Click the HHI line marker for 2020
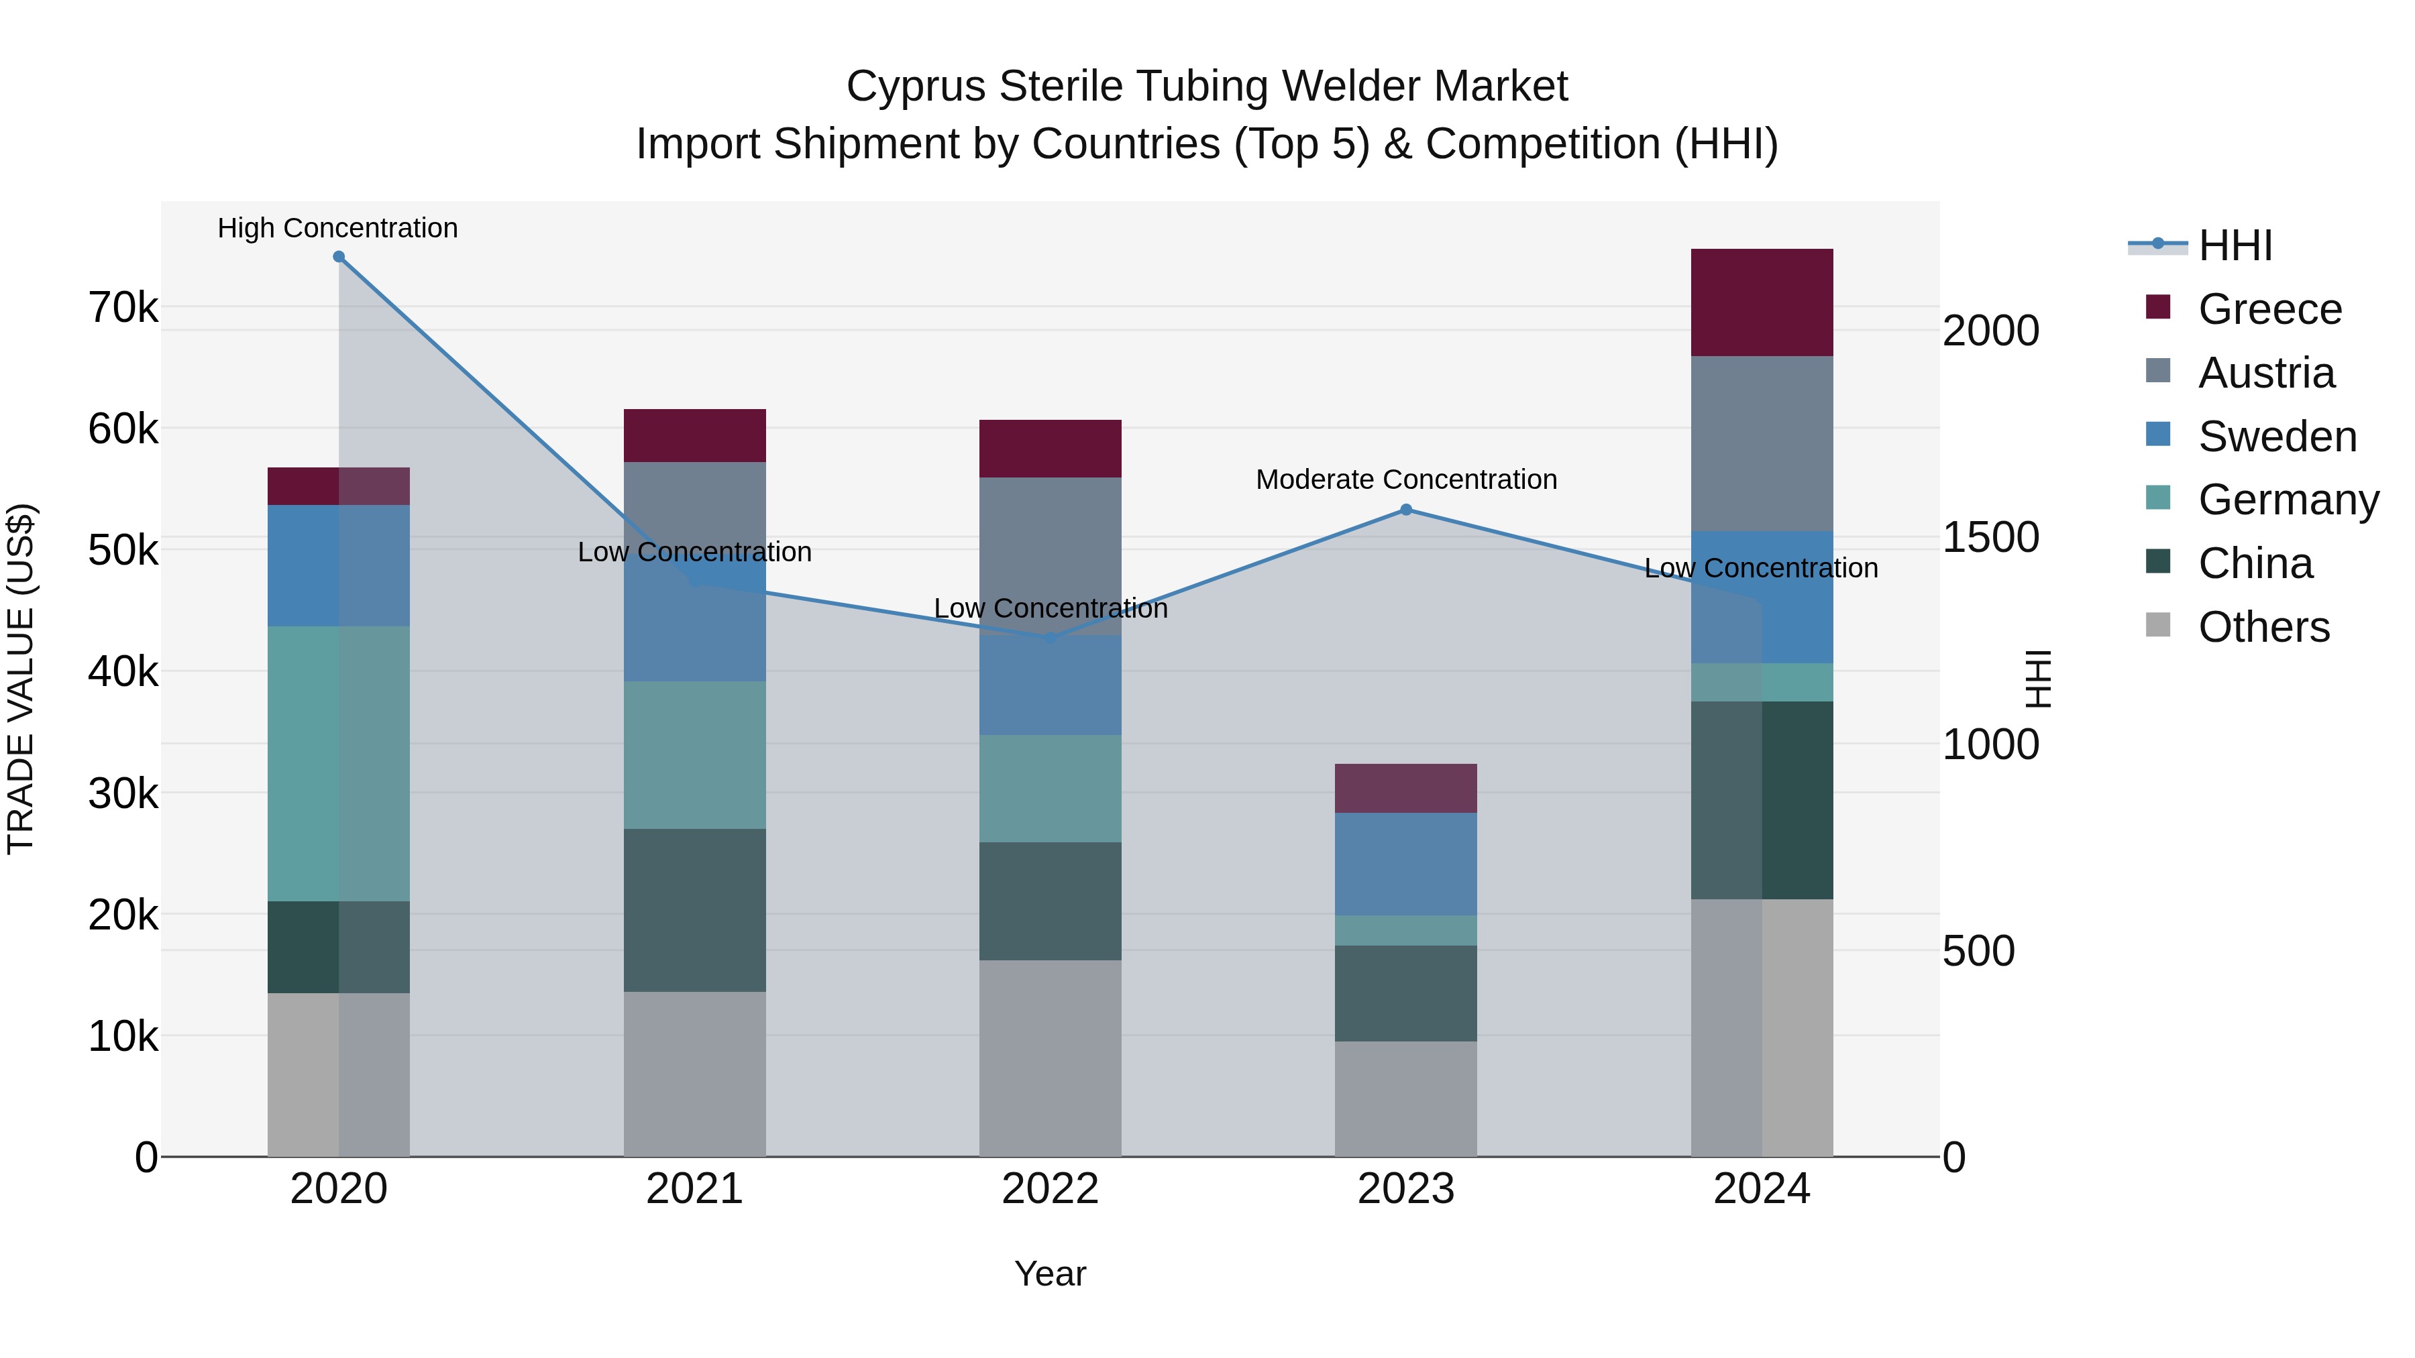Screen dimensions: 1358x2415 pos(339,257)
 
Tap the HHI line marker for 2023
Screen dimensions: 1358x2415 pos(1405,510)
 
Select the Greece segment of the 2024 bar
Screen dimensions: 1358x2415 pos(1762,302)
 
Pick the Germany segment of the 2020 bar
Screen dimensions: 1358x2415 pos(339,764)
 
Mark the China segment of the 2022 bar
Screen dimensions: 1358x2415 pos(1050,901)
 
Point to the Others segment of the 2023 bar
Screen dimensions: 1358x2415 pos(1405,1098)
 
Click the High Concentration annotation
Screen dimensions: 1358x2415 pos(337,229)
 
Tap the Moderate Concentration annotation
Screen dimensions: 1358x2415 pos(1405,480)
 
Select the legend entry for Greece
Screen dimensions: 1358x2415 pos(2269,309)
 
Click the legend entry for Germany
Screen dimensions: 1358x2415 pos(2288,500)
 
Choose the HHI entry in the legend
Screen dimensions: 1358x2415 pos(2235,245)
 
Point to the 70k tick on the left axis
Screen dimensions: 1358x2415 pos(123,307)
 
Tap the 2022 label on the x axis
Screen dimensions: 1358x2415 pos(1050,1189)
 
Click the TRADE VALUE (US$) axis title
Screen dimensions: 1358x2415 pos(21,679)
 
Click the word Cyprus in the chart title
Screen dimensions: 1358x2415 pos(916,87)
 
